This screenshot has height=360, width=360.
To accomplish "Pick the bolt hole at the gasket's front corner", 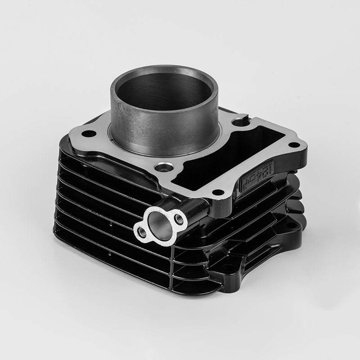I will [x=217, y=192].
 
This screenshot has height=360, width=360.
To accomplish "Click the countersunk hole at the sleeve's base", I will [x=164, y=168].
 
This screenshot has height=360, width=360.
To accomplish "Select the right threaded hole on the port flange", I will [x=180, y=219].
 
